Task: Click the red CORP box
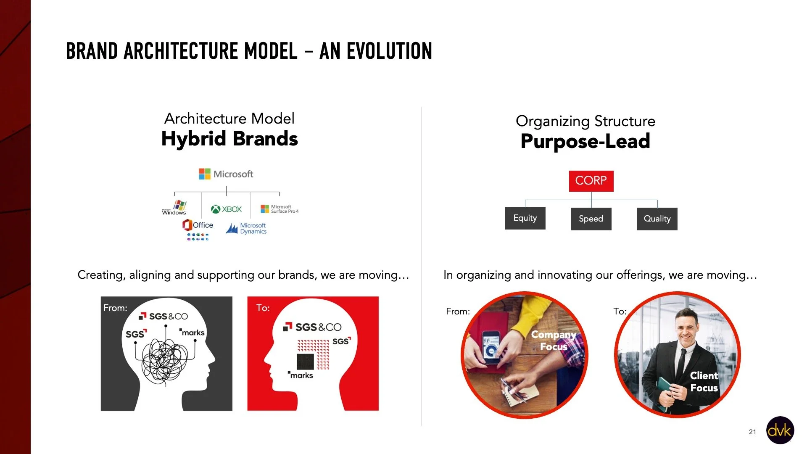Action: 591,181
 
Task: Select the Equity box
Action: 525,218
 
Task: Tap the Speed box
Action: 591,219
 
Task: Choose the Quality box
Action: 657,219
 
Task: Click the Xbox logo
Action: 226,209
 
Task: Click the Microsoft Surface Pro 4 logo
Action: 280,209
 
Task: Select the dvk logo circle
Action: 780,430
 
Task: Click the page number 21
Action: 752,432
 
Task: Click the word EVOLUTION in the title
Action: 389,51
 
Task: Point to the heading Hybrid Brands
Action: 229,139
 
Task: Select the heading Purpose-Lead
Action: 585,141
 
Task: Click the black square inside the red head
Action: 305,362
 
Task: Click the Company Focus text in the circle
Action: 554,340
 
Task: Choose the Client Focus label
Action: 704,382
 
